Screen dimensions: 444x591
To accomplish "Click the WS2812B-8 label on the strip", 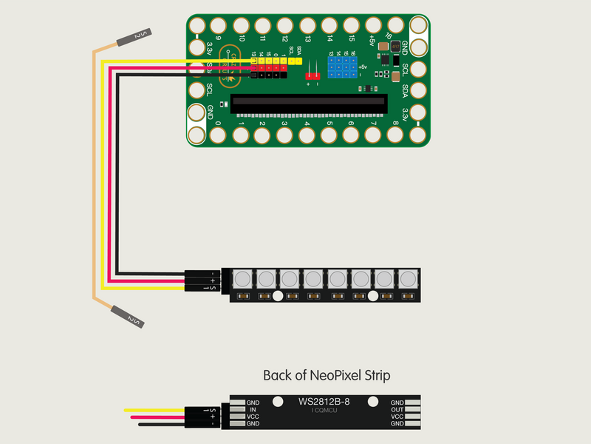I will tap(324, 402).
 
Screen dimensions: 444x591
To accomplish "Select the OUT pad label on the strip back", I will tap(397, 409).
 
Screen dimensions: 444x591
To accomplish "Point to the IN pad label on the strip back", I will tap(253, 409).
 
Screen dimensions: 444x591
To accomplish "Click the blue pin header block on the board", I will tap(342, 70).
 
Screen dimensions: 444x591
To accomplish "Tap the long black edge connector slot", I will tap(308, 104).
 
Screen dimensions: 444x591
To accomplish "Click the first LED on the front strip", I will tap(243, 279).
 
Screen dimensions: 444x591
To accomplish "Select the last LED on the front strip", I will tap(407, 279).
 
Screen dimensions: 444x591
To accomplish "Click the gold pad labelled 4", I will tap(306, 136).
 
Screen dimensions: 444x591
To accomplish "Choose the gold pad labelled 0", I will tap(219, 135).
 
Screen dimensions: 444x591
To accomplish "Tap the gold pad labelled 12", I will tap(284, 27).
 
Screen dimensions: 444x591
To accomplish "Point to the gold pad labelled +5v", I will tap(372, 27).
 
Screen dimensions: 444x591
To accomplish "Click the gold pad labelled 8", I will tap(394, 135).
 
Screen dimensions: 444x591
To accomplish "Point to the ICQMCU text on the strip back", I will tap(324, 410).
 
